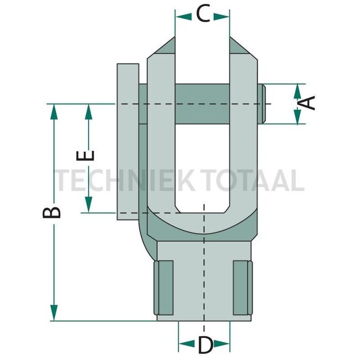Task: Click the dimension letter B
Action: [53, 213]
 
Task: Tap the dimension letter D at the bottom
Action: [204, 346]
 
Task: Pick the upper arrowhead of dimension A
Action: [297, 90]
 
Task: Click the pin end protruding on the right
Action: [265, 104]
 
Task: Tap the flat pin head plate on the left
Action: [127, 141]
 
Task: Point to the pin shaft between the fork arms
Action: [202, 104]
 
